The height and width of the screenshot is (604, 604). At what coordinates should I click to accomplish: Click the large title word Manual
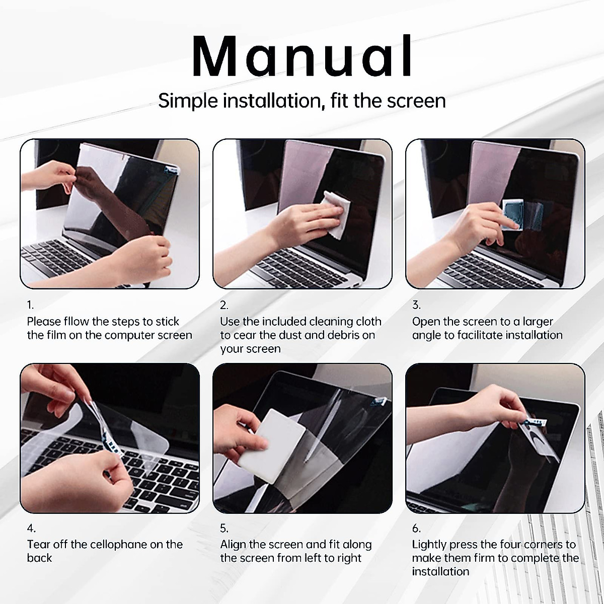(302, 55)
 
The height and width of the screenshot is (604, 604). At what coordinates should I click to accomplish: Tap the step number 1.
(30, 305)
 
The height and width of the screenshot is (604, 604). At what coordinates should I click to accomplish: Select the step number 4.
(31, 528)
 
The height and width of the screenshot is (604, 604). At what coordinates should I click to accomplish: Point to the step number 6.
(416, 528)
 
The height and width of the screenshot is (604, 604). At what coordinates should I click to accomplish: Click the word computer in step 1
(128, 336)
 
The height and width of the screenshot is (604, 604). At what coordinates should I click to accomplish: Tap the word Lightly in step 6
(429, 545)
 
